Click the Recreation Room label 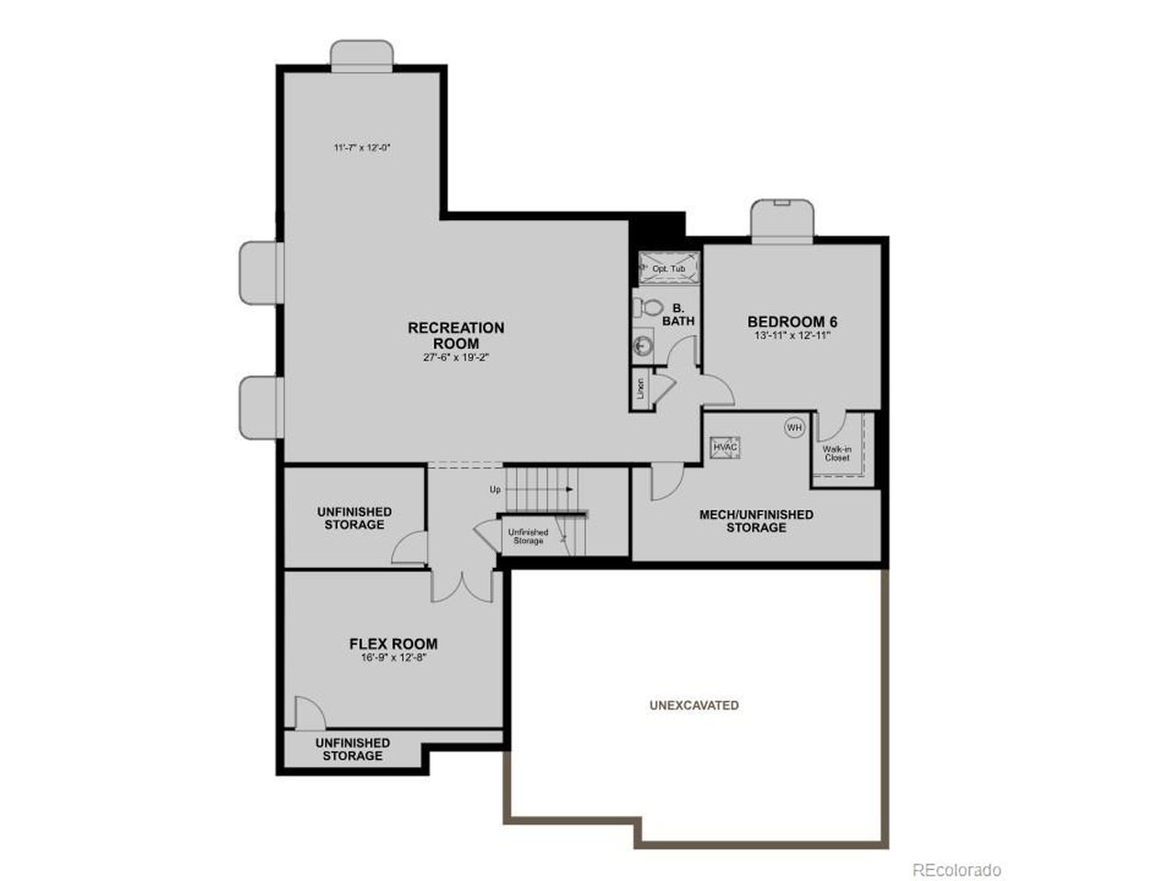pyautogui.click(x=456, y=335)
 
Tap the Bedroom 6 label pyautogui.click(x=792, y=322)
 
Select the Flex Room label pyautogui.click(x=394, y=644)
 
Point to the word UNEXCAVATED pyautogui.click(x=694, y=706)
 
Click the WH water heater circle pyautogui.click(x=794, y=427)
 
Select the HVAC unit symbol pyautogui.click(x=725, y=446)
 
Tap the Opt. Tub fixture pyautogui.click(x=668, y=268)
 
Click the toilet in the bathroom pyautogui.click(x=651, y=306)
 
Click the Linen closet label pyautogui.click(x=641, y=389)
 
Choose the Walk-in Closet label pyautogui.click(x=837, y=452)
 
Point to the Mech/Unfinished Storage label pyautogui.click(x=756, y=521)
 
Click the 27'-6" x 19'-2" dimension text pyautogui.click(x=456, y=358)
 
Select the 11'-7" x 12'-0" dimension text pyautogui.click(x=363, y=147)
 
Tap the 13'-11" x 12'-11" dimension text pyautogui.click(x=792, y=336)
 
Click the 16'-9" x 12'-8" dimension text pyautogui.click(x=394, y=657)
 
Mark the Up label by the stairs pyautogui.click(x=496, y=489)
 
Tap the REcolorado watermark pyautogui.click(x=956, y=869)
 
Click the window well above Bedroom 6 pyautogui.click(x=783, y=220)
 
